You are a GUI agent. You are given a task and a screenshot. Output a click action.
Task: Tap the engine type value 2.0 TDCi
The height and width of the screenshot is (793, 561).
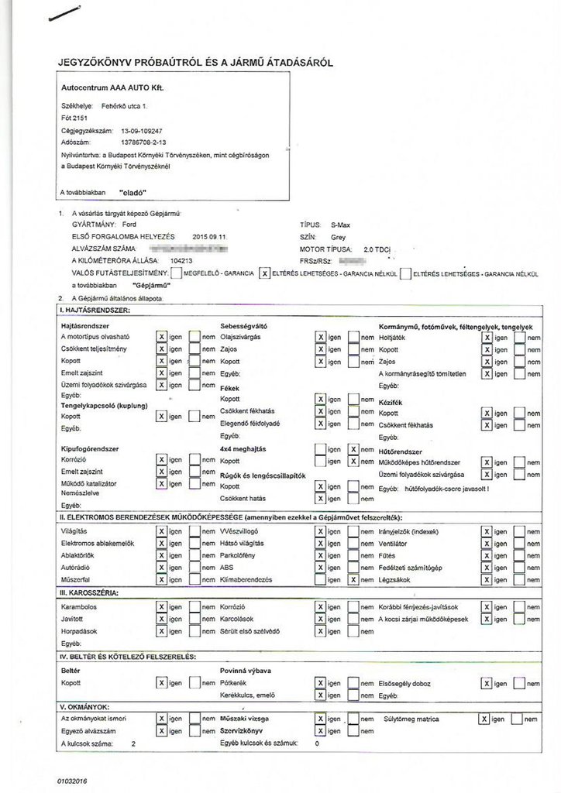(367, 249)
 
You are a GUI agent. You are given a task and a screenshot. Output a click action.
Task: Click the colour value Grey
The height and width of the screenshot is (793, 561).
(338, 236)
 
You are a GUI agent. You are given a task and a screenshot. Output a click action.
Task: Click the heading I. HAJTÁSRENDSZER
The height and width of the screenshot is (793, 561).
(95, 311)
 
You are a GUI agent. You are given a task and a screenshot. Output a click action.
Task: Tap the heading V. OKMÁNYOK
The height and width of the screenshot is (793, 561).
(85, 707)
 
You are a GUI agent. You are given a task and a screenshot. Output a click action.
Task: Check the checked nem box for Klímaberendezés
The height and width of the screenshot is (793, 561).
(353, 579)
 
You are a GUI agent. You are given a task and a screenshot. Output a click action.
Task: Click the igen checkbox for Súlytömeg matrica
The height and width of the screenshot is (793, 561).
(484, 719)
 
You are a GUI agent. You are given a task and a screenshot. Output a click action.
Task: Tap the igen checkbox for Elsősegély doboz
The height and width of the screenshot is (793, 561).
(486, 683)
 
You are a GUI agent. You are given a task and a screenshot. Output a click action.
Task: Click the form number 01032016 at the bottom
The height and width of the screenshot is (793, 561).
(72, 781)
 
